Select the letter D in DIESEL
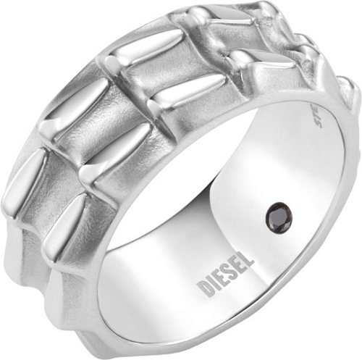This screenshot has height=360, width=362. (205, 288)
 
